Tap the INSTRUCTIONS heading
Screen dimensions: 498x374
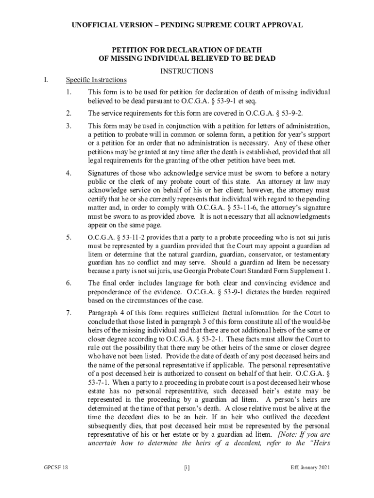[187, 71]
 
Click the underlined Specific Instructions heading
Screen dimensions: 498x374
[96, 80]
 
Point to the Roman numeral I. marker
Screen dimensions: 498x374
[45, 80]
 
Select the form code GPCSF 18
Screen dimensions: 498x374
[55, 467]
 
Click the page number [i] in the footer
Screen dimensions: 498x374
[187, 467]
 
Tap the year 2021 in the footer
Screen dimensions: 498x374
[322, 467]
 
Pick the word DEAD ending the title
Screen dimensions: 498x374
[265, 59]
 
